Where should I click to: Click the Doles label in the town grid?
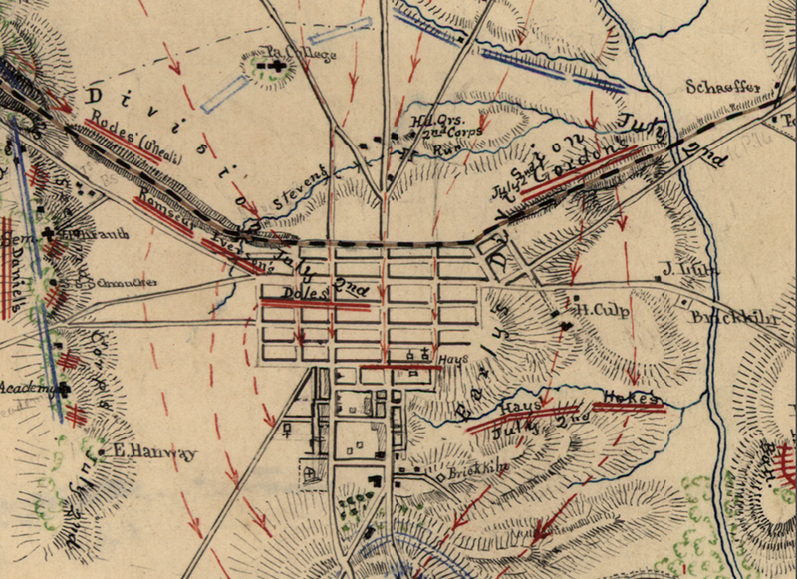pyautogui.click(x=299, y=295)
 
